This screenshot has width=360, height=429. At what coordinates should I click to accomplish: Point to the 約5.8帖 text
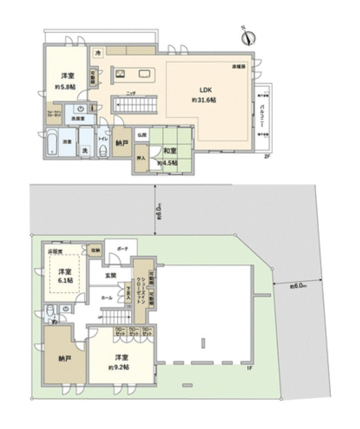click(x=67, y=86)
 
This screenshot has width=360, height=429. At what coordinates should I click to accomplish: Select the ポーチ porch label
click(x=122, y=249)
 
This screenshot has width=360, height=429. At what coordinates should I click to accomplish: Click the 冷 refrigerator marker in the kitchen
click(x=98, y=53)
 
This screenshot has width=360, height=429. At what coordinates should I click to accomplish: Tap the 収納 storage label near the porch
click(x=95, y=250)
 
